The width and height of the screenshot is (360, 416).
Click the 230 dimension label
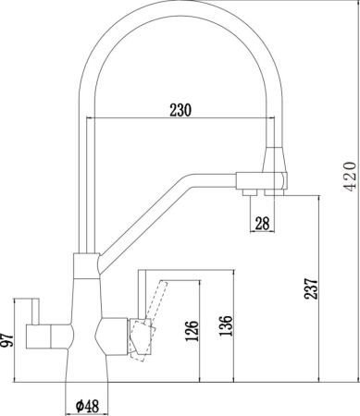point(181,110)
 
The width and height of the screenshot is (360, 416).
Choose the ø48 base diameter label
point(86,405)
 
